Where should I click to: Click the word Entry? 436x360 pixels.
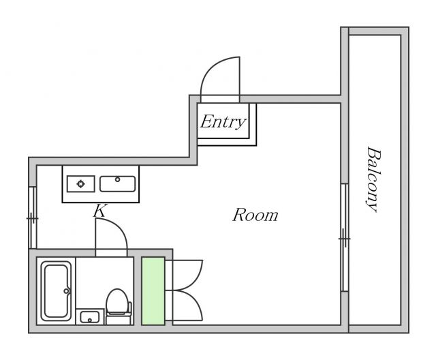tap(223, 122)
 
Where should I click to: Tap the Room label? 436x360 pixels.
tap(255, 215)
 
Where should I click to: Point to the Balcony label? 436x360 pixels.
tap(373, 179)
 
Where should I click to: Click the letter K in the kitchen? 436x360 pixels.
tap(99, 211)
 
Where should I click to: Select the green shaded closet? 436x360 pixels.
tap(153, 291)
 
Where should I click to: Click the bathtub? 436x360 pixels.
tap(56, 291)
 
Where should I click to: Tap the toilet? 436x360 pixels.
tap(118, 306)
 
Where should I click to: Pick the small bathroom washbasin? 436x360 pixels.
tap(90, 316)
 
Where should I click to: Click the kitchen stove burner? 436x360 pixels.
tap(80, 184)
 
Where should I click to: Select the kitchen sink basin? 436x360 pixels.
tap(118, 184)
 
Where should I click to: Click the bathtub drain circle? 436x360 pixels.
tap(66, 291)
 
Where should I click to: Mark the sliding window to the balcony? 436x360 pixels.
tap(345, 237)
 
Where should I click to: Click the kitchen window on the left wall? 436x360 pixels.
tap(33, 217)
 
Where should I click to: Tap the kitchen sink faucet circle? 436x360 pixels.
tap(118, 179)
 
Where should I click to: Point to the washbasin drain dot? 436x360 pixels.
tap(90, 320)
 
